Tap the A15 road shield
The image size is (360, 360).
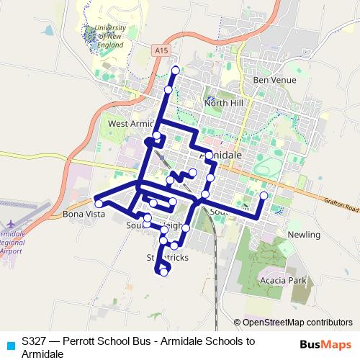point(161,50)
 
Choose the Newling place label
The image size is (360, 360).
point(303,235)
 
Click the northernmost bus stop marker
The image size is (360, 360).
point(176,70)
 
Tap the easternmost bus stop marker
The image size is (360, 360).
point(264,196)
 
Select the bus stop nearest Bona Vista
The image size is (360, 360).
point(99,204)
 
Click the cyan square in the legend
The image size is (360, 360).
point(9,345)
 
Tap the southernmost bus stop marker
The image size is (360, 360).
point(163,272)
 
